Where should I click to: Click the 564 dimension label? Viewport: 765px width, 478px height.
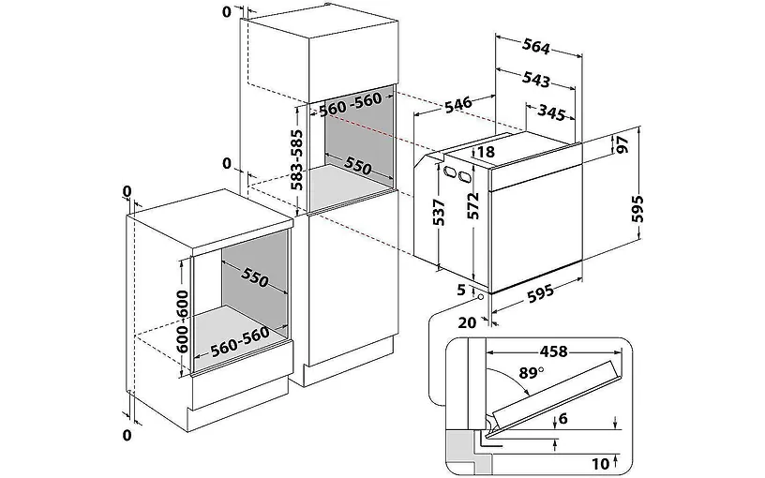tap(536, 47)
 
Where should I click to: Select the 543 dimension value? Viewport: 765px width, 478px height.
tap(535, 79)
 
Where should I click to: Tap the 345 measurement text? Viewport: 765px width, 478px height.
tap(551, 112)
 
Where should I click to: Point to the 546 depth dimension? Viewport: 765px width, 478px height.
tap(458, 104)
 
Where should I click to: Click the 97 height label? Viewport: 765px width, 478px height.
tap(622, 144)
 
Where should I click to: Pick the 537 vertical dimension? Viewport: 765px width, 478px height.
tap(440, 212)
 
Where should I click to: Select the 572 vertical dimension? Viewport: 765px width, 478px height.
tap(473, 205)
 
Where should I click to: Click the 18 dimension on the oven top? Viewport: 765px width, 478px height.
tap(486, 152)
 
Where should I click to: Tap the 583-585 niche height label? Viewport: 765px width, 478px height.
tap(296, 159)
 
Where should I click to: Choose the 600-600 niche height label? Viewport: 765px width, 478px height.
tap(182, 321)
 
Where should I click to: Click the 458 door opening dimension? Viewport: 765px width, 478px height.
tap(554, 351)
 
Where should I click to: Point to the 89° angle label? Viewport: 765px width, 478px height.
tap(531, 373)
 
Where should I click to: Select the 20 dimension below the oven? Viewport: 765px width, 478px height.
tap(468, 322)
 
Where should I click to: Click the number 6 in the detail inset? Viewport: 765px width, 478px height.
tap(563, 419)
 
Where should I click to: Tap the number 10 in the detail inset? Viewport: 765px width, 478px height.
tap(601, 463)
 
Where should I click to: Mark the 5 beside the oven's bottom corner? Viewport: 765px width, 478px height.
tap(461, 290)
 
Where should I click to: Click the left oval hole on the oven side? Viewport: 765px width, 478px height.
tap(449, 172)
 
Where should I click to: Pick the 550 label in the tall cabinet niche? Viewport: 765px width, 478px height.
tap(358, 165)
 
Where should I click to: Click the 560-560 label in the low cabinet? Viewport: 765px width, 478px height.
tap(240, 340)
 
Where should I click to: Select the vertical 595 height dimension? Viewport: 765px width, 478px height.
tap(637, 209)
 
